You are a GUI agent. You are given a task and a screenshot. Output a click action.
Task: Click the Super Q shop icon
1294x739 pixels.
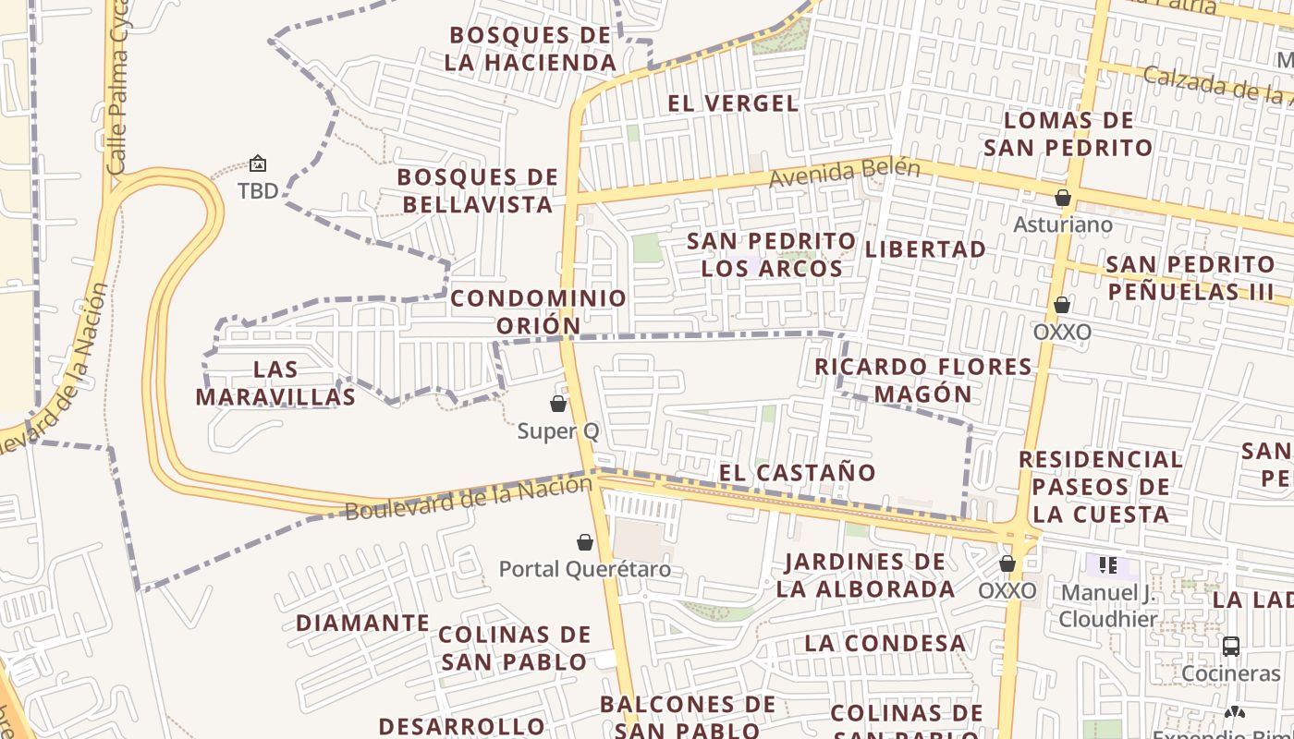pos(558,404)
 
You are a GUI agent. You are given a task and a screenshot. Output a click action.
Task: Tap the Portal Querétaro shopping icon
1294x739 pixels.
pos(585,542)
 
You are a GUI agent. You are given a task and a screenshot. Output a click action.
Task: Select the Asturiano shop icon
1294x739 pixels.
pos(1063,198)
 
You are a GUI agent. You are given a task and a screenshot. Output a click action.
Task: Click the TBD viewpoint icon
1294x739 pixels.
pos(258,164)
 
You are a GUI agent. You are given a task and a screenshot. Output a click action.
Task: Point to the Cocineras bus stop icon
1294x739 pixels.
pos(1231,646)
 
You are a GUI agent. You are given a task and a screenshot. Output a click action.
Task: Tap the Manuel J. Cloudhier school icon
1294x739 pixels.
pos(1107,564)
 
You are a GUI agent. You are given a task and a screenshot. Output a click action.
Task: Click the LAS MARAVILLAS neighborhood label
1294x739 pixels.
pos(276,383)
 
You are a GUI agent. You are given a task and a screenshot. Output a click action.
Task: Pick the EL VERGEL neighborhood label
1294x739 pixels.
pos(733,103)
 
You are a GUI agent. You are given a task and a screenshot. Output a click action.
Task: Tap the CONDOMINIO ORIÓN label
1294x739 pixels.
pos(539,312)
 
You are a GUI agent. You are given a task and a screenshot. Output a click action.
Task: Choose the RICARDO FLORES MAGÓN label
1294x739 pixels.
pos(923,381)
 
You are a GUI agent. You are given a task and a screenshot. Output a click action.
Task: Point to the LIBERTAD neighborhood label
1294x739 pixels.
pos(925,249)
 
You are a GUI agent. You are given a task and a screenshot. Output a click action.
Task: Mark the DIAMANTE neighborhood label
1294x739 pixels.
pos(363,624)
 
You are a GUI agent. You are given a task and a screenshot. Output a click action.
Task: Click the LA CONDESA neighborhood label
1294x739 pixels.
pos(885,643)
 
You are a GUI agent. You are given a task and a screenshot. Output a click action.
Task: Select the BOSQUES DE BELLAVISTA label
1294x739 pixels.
pos(478,190)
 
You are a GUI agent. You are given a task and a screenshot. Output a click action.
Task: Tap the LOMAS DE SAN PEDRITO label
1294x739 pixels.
pos(1068,134)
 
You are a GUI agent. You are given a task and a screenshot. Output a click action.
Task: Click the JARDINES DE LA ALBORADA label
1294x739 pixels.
pos(865,575)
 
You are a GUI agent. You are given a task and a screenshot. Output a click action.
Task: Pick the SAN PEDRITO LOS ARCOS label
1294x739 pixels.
pos(772,255)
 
